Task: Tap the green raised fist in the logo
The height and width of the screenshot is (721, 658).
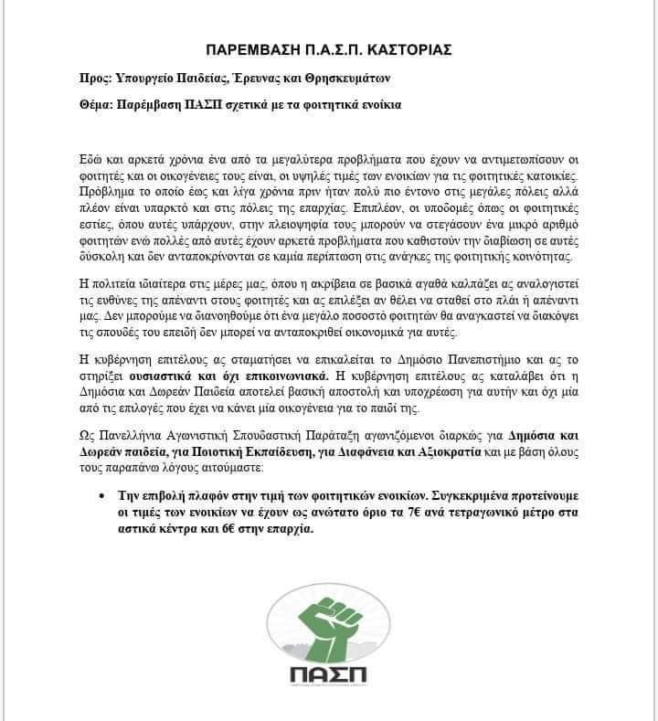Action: click(328, 614)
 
